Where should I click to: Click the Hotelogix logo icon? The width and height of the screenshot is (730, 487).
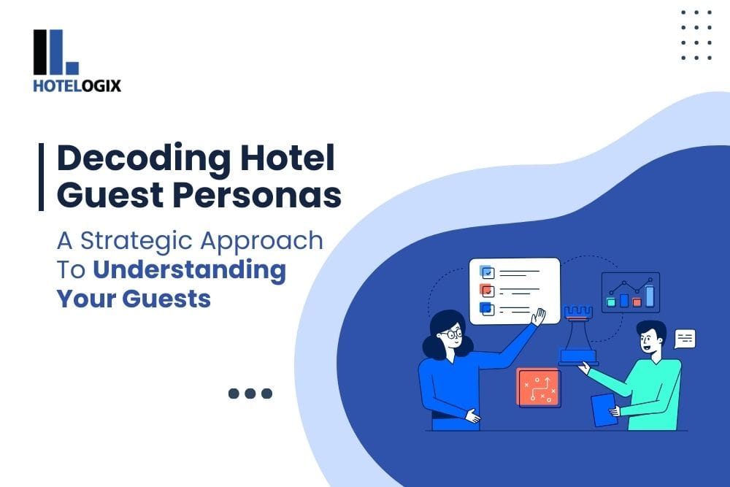point(55,52)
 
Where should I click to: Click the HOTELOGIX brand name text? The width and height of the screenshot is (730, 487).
point(77,86)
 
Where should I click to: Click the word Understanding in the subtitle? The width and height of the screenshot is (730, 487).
point(189,269)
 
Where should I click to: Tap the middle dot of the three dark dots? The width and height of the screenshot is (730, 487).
point(250,394)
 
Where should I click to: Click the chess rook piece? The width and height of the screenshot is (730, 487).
point(578,335)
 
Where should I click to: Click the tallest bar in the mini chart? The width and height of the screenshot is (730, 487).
point(650,296)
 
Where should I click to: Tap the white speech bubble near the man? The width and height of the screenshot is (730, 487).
point(685,338)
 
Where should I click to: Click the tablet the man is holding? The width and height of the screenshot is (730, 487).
point(603,409)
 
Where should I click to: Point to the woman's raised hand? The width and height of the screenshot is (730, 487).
point(539,316)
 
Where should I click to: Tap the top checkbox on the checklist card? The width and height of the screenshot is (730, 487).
point(487,272)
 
